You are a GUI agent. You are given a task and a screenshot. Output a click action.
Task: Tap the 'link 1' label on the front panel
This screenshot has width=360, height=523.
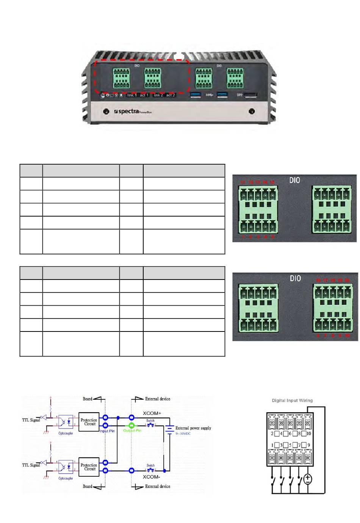click(132, 95)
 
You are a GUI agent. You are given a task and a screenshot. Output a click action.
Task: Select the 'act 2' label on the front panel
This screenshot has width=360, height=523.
click(171, 95)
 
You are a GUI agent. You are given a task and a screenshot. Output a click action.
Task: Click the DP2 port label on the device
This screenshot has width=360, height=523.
click(239, 95)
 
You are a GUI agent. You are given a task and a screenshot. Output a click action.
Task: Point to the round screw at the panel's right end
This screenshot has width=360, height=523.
click(251, 112)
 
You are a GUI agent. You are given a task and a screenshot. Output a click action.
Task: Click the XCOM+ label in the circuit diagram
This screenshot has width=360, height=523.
click(152, 413)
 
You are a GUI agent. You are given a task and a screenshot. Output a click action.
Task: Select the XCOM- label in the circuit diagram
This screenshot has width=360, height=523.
click(151, 477)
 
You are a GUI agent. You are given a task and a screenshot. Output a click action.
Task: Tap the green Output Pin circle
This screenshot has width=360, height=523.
click(131, 425)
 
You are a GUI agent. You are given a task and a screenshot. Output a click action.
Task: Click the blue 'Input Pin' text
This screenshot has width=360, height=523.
click(107, 431)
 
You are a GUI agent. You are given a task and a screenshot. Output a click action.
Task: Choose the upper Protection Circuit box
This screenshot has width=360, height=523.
click(89, 422)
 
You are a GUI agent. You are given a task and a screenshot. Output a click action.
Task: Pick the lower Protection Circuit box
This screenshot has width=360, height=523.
click(89, 467)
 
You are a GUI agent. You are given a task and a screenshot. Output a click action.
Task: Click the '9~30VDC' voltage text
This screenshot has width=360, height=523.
click(183, 433)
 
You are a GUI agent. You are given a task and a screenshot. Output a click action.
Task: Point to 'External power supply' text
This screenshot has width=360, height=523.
click(193, 428)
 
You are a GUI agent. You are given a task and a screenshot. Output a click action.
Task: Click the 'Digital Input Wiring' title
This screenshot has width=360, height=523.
click(292, 400)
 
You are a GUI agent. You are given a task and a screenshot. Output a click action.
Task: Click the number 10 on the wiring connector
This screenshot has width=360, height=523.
click(309, 433)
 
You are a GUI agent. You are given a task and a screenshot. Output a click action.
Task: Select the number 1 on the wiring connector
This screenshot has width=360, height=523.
click(272, 445)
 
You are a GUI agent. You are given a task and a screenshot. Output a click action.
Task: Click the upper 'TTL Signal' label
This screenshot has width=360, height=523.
click(31, 420)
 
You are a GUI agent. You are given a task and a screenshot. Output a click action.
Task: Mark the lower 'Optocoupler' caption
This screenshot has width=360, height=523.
click(66, 478)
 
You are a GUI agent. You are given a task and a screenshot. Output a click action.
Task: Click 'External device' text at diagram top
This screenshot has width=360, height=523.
click(158, 399)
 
